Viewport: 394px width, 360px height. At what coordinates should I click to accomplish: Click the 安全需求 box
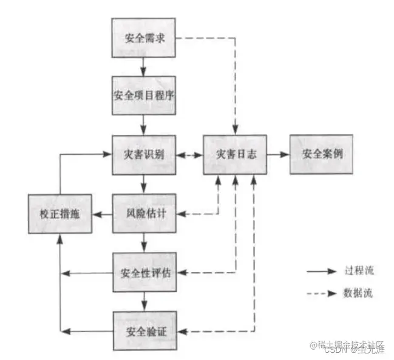[x=144, y=39]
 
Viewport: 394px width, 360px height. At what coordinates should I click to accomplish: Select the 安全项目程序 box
[x=144, y=96]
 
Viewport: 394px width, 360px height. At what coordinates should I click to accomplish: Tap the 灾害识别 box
[x=144, y=155]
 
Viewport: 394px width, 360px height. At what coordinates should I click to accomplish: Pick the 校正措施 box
[x=59, y=214]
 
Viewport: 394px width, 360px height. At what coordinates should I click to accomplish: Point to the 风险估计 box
[x=144, y=214]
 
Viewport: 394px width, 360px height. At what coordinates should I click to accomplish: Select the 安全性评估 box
[x=144, y=271]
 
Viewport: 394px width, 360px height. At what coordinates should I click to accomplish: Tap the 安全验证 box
[x=144, y=331]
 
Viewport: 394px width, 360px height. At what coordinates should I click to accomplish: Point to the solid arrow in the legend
[x=321, y=273]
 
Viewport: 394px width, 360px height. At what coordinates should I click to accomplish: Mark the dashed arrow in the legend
[x=321, y=293]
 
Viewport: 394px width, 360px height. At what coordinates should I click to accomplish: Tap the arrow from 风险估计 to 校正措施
[x=102, y=214]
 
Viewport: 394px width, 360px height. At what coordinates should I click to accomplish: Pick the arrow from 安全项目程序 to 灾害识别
[x=144, y=125]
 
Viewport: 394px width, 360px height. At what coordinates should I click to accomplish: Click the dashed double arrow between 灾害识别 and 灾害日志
[x=189, y=155]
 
